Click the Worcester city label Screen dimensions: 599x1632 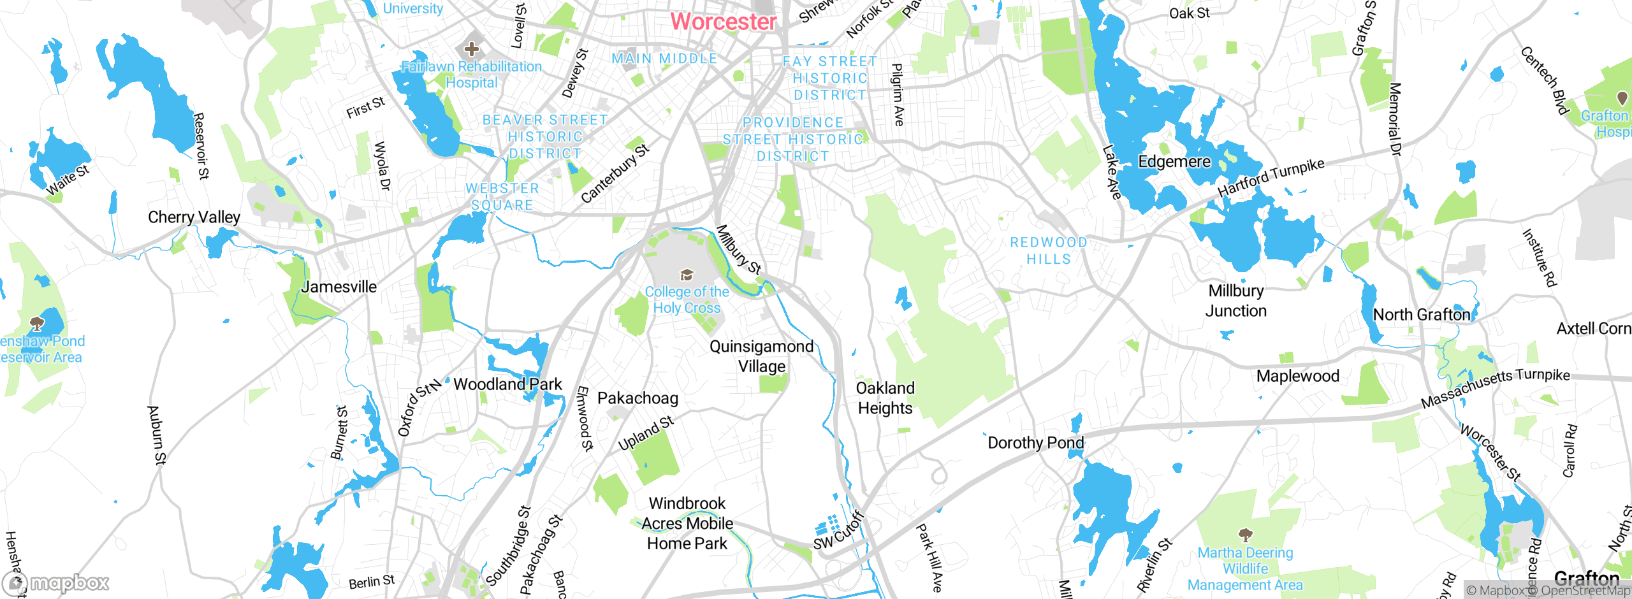(723, 22)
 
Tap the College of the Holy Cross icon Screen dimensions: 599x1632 (687, 275)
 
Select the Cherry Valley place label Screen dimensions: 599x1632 (194, 217)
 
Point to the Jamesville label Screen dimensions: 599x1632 (339, 287)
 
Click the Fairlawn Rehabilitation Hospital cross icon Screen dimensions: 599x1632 (472, 48)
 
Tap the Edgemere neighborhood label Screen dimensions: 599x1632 (1174, 162)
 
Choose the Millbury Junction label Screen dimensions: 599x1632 (1235, 301)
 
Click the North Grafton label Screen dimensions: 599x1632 (1421, 315)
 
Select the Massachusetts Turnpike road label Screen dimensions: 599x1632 (1495, 387)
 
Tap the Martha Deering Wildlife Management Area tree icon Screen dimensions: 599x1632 (1245, 534)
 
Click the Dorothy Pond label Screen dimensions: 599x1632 (1035, 443)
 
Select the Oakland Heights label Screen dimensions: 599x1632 (885, 398)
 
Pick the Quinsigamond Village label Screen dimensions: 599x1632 (761, 356)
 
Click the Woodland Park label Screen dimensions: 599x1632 (507, 384)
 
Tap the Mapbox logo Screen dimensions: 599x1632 (56, 582)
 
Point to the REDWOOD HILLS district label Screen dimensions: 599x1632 (1049, 251)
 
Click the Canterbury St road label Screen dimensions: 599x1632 (615, 173)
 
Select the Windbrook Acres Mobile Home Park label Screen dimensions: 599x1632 (687, 523)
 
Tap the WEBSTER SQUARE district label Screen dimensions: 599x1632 (502, 197)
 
